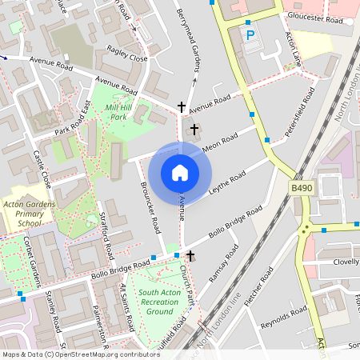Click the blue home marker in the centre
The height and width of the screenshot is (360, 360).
[180, 173]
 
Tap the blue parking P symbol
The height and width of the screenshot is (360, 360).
[250, 36]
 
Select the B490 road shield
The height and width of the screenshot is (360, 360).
[301, 187]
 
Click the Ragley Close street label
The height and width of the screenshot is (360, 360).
[127, 58]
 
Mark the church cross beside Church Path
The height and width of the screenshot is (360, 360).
[190, 255]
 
